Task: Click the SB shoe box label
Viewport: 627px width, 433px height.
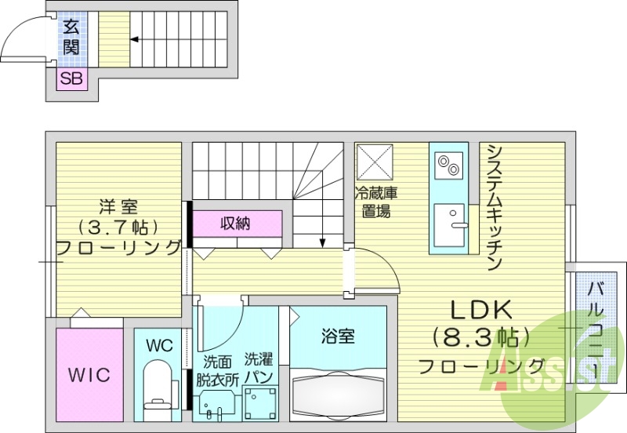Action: coord(71,78)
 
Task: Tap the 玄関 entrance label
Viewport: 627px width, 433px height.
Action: coord(71,38)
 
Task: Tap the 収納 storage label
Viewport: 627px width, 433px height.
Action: coord(234,223)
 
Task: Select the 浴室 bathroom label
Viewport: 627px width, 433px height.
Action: coord(338,337)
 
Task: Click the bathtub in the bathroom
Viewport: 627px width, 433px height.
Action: coord(339,393)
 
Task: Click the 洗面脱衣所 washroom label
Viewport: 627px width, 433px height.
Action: coord(217,369)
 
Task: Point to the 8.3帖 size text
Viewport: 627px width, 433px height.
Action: coord(480,338)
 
